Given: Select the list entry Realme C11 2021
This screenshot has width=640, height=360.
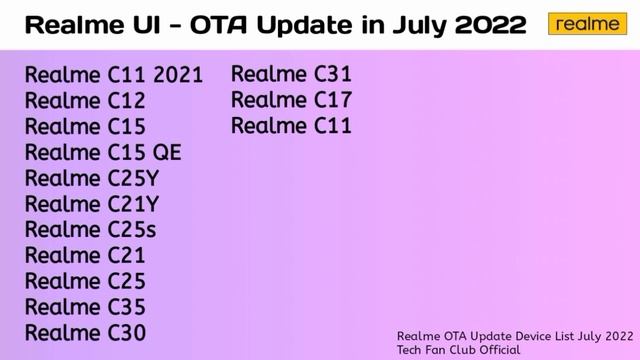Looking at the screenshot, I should pyautogui.click(x=113, y=75).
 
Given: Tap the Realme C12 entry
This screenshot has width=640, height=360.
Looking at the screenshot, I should pyautogui.click(x=85, y=101).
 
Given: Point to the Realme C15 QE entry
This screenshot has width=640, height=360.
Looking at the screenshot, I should pyautogui.click(x=103, y=153).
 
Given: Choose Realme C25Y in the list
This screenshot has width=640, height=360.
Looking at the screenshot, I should pyautogui.click(x=92, y=179).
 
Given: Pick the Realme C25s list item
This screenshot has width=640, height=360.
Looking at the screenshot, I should pyautogui.click(x=91, y=230).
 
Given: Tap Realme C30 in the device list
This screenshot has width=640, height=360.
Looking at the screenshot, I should pyautogui.click(x=85, y=333).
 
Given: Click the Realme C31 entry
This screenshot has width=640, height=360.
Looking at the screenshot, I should pyautogui.click(x=291, y=74).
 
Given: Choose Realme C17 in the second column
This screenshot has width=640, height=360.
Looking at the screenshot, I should pyautogui.click(x=291, y=100).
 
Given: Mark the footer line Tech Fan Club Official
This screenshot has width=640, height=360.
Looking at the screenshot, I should pyautogui.click(x=459, y=350).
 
